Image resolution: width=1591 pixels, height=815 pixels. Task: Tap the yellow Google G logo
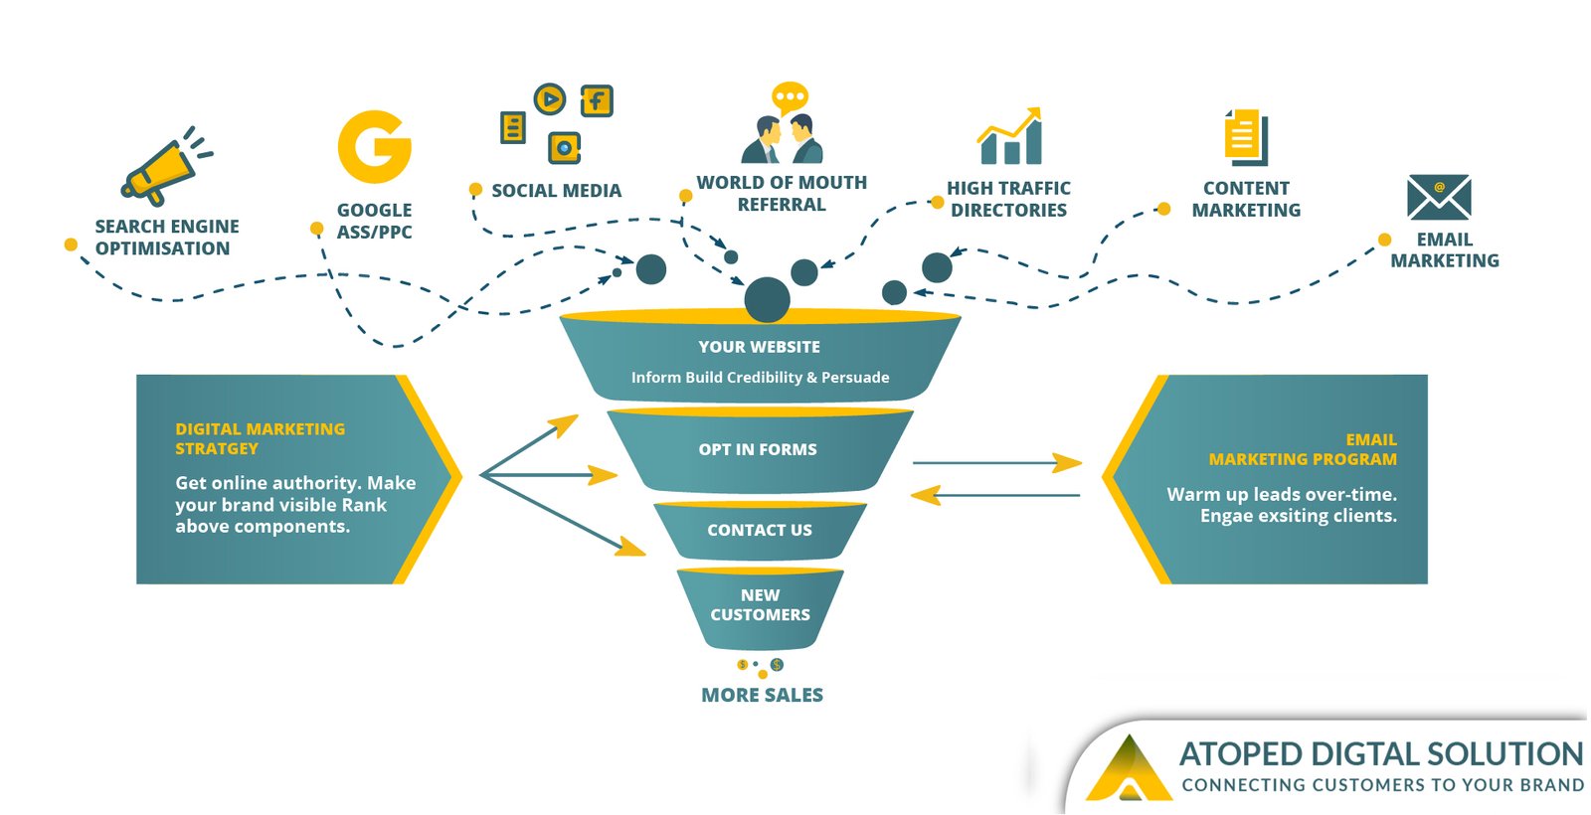coord(374,147)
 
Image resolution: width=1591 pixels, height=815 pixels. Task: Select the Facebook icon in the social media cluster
coord(597,100)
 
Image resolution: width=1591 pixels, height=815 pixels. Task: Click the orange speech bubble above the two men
coord(790,97)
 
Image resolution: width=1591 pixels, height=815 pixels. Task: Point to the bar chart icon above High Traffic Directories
coord(1010,137)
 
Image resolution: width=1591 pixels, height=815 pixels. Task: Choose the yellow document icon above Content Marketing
coord(1246,137)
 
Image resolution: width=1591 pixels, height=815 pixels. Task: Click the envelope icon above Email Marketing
coord(1439,197)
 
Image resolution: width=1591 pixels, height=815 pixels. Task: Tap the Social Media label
coord(556,191)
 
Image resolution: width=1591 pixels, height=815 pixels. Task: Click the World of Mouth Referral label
coord(782,194)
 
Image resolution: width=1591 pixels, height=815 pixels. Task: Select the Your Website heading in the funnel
coord(760,347)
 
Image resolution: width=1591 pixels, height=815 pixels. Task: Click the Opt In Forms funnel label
coord(758,449)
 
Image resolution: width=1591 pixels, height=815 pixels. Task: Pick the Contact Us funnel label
coord(760,531)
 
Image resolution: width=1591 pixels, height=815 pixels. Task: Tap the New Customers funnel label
coord(760,605)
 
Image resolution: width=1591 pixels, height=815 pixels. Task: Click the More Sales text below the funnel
coord(762,696)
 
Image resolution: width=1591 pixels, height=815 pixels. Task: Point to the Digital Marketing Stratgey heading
coord(260,438)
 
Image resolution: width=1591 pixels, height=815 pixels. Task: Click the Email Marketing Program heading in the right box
coord(1303,449)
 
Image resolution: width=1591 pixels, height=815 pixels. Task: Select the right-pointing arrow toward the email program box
coord(997,462)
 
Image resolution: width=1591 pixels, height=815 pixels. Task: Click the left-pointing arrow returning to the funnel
coord(994,494)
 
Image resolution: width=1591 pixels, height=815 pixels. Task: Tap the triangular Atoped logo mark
coord(1129,769)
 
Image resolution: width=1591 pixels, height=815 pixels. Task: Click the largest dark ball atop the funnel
coord(767,300)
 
